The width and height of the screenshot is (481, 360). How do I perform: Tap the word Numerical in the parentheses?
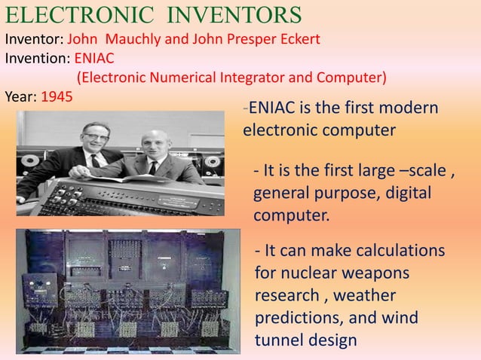coord(179,78)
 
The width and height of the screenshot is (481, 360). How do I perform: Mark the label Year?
coord(20,97)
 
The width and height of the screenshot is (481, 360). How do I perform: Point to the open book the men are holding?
coord(143,178)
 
